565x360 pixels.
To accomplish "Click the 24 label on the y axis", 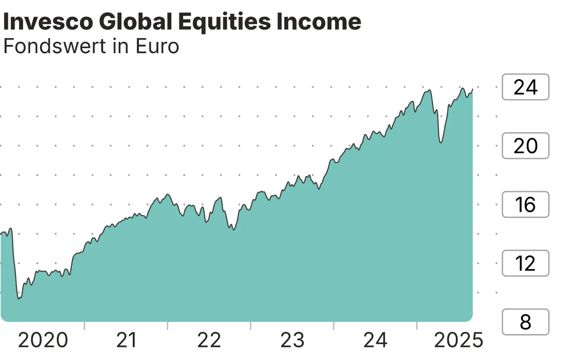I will coord(525,87).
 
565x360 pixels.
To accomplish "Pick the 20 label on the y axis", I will coord(525,146).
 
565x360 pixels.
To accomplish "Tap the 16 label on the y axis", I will coord(525,205).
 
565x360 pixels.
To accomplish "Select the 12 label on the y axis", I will coord(525,264).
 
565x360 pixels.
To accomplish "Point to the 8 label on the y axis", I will coord(525,322).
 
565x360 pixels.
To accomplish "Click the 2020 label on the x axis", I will coord(43,340).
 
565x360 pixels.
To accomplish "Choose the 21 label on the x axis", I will coord(126,340).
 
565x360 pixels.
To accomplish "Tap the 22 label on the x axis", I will coord(209,340).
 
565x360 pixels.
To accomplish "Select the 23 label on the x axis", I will coord(292,340).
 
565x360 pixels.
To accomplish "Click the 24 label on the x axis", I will coord(376,340).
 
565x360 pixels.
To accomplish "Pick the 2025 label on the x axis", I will coord(458,340).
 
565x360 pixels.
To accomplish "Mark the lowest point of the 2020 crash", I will coord(19,298).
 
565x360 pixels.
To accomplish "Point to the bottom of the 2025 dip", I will coord(440,142).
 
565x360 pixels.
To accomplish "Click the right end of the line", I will coord(472,89).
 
